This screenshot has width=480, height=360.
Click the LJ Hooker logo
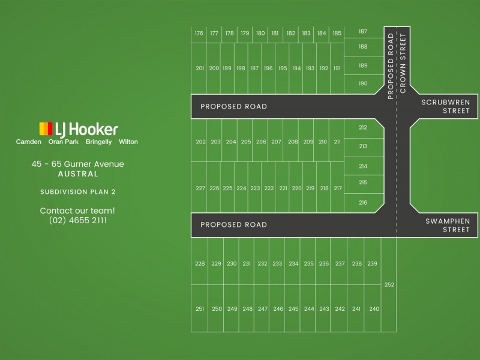coord(79,129)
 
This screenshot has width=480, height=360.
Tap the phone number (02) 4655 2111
coord(78,220)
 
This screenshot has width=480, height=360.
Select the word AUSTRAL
coord(78,174)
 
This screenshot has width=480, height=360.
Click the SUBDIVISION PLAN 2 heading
coord(78,192)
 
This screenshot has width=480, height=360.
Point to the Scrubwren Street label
coord(445,106)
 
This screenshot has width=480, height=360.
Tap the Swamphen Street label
coord(448,225)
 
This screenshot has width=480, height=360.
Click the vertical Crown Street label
coord(403,63)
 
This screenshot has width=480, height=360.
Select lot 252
coord(389,284)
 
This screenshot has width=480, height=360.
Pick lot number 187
coord(363,32)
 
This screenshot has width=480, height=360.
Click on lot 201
coord(200,68)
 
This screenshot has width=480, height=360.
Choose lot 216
coord(363,203)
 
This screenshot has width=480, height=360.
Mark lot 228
coord(200,263)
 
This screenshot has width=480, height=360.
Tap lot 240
coord(374,308)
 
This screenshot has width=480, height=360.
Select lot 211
coord(337,142)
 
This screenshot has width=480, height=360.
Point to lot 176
coord(199,34)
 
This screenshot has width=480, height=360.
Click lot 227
coord(200,188)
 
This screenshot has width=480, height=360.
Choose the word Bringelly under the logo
coord(98,142)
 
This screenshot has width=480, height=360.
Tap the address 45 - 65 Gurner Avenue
coord(78,164)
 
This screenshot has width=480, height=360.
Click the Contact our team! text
coord(77,211)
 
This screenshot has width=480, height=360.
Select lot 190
coord(363,83)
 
